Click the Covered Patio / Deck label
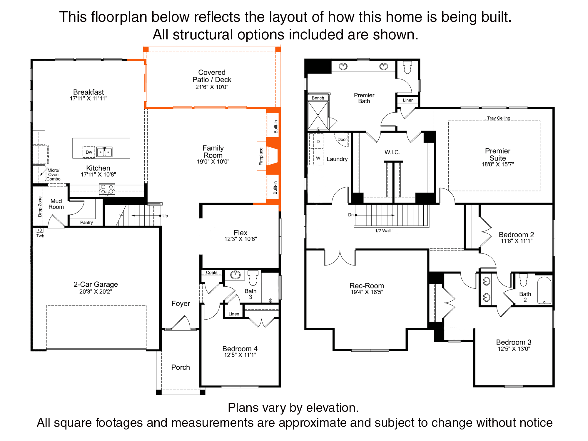click(212, 76)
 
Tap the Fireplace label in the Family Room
click(261, 156)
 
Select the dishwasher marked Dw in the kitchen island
click(89, 152)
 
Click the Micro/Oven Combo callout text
click(53, 174)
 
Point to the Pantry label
click(86, 223)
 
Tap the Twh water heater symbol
click(40, 230)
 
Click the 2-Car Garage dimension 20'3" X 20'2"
click(96, 292)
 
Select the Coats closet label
click(211, 273)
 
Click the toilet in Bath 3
click(253, 278)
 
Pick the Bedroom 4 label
click(240, 349)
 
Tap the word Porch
click(181, 367)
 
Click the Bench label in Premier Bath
click(318, 98)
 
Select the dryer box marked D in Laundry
click(318, 141)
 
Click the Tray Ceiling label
click(499, 118)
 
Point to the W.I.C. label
click(392, 152)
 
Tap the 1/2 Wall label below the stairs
click(383, 231)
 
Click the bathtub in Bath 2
click(544, 290)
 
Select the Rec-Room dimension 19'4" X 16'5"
click(367, 292)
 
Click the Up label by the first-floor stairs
click(165, 216)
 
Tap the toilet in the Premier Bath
click(407, 67)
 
